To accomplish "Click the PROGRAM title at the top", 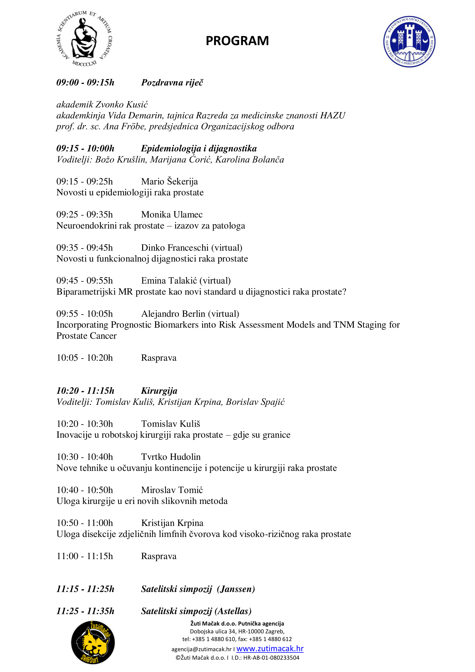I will tap(237, 41).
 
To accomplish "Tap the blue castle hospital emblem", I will tap(409, 42).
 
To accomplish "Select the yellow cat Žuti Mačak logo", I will tap(93, 642).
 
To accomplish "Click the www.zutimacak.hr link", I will tap(270, 649).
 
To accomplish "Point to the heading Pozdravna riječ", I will tap(172, 82).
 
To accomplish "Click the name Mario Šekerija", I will tap(169, 182).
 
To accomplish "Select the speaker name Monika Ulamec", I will tap(172, 215).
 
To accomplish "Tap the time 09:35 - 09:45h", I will tap(84, 248).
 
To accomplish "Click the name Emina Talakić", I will tap(169, 281).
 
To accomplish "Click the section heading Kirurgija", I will tap(159, 391).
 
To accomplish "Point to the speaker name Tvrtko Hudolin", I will tap(171, 457).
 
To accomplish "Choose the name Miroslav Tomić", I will tap(172, 490).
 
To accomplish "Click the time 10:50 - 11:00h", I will tap(84, 523).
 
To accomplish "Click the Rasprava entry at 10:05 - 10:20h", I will tap(159, 358).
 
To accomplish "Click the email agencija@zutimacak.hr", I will tap(201, 649).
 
